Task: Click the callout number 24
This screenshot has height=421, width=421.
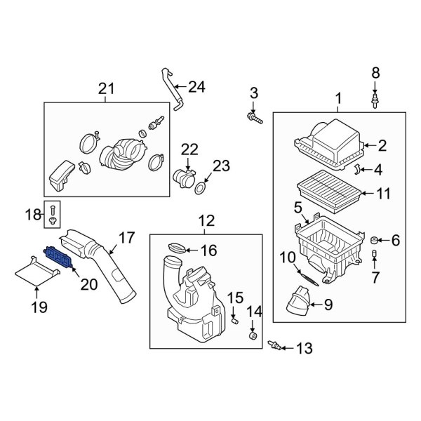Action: pos(197,87)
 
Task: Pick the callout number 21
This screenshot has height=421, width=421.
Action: pos(106,88)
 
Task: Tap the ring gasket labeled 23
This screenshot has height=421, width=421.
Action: pos(201,188)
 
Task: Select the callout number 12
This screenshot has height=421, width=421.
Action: pos(206,222)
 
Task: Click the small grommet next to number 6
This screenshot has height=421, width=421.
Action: pos(374,242)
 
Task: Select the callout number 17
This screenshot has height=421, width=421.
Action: pos(125,238)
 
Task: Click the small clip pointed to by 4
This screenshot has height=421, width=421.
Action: pos(357,168)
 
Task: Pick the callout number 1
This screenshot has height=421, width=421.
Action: pos(339,100)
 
